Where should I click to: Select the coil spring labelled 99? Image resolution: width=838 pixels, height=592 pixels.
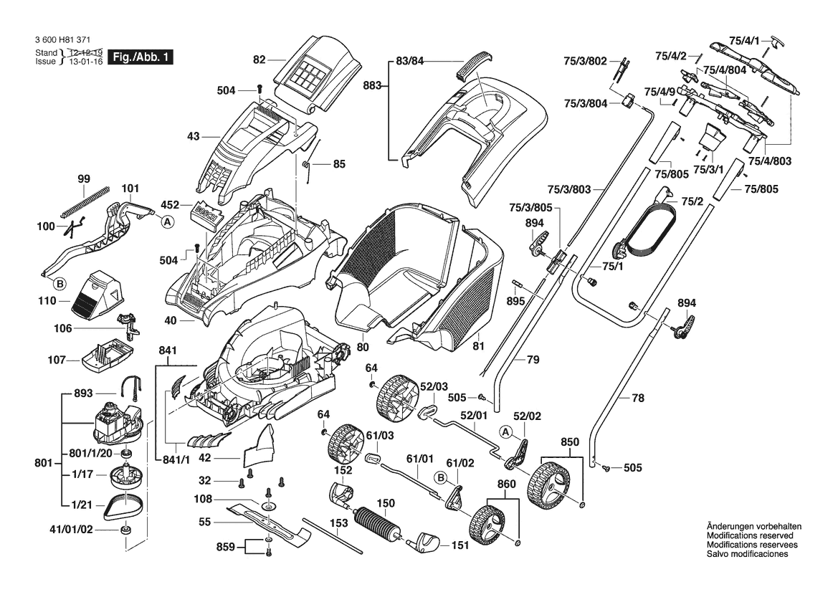[x=85, y=201]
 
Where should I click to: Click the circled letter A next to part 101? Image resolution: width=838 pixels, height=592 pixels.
[x=167, y=222]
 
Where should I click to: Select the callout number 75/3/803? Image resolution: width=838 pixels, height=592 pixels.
[x=569, y=189]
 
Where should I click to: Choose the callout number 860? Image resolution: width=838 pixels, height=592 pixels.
[x=507, y=484]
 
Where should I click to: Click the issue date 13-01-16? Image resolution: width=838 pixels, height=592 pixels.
[x=83, y=62]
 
